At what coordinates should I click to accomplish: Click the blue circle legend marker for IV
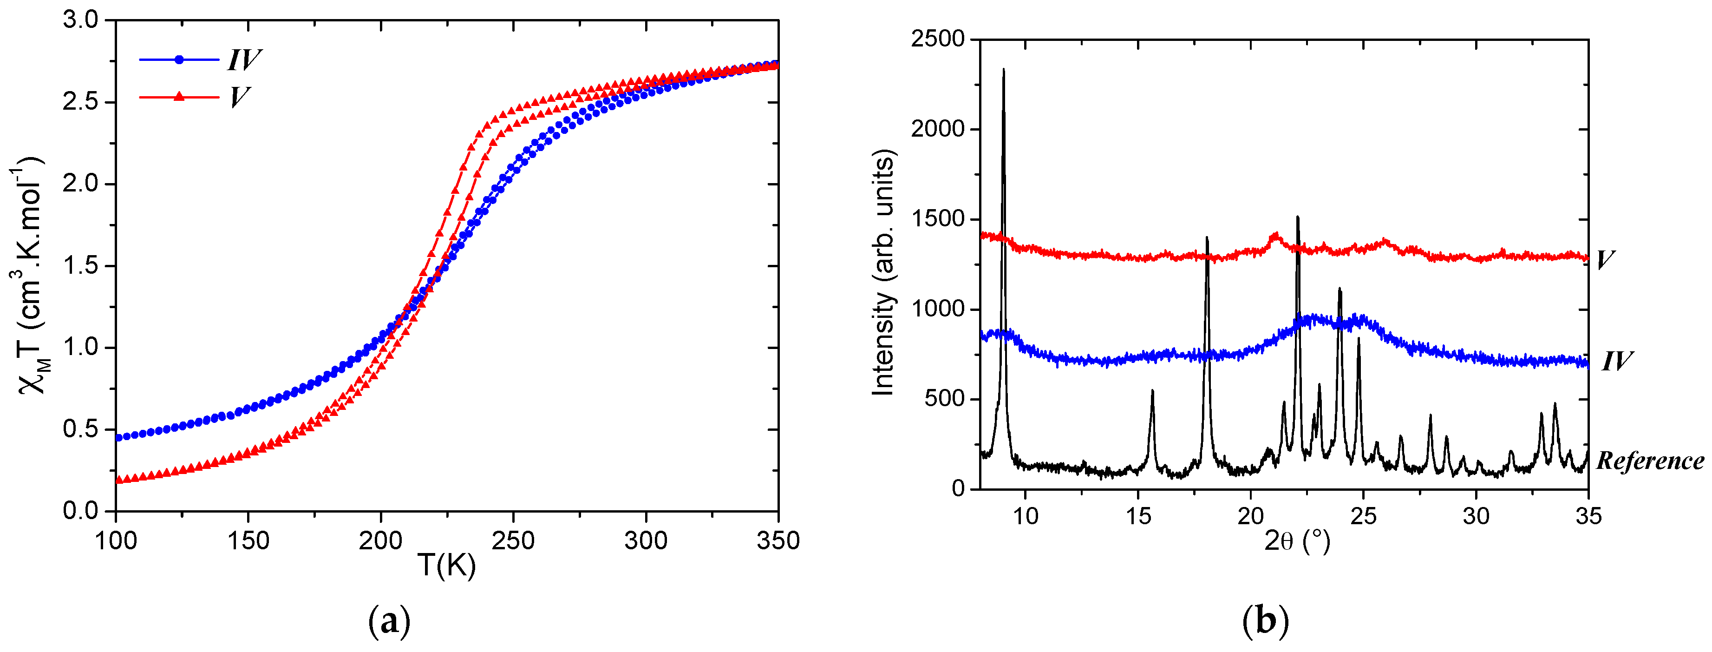[179, 60]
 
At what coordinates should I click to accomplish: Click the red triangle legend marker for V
[179, 97]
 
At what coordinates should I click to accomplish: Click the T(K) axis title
[447, 566]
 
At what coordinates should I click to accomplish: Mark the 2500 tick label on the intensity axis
[938, 39]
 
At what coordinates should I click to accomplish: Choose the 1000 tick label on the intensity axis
[938, 309]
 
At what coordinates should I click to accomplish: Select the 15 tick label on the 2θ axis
[1138, 516]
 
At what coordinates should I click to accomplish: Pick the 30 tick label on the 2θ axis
[1476, 516]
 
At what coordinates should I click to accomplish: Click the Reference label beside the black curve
[1649, 461]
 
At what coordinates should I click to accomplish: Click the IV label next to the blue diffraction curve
[1616, 362]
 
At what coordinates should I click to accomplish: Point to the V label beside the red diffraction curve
[1605, 259]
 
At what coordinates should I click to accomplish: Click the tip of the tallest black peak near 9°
[1004, 69]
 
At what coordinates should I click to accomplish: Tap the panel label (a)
[390, 621]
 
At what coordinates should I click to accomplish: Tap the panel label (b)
[1265, 621]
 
